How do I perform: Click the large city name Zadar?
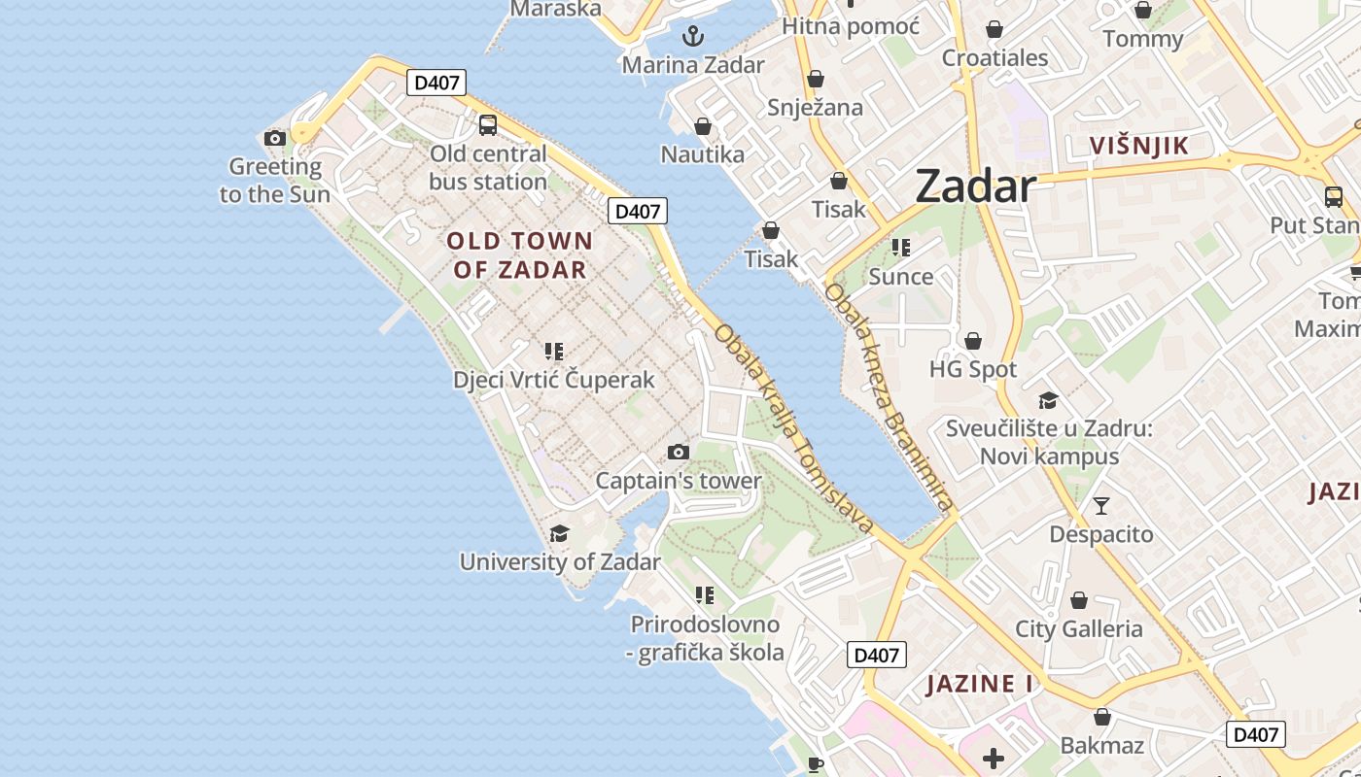[x=975, y=186]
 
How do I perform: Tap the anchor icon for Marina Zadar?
[x=693, y=37]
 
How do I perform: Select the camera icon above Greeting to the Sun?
[x=275, y=139]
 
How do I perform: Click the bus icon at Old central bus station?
[x=488, y=125]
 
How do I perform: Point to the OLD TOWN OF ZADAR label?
[x=519, y=255]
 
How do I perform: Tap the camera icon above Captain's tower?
[x=679, y=453]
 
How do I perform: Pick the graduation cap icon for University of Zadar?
[x=559, y=533]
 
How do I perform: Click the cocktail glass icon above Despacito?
[x=1100, y=506]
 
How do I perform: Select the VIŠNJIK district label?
[x=1138, y=147]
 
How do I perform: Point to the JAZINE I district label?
[x=980, y=684]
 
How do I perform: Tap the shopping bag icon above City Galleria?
[x=1078, y=601]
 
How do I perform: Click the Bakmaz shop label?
[x=1101, y=746]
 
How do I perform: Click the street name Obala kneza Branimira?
[x=887, y=397]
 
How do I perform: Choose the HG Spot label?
[x=973, y=370]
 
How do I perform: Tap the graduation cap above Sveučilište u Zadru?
[x=1048, y=401]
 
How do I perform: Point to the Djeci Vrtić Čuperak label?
[x=554, y=380]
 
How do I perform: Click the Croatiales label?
[x=995, y=58]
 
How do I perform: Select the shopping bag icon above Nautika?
[x=703, y=127]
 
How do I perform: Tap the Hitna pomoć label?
[x=851, y=26]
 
